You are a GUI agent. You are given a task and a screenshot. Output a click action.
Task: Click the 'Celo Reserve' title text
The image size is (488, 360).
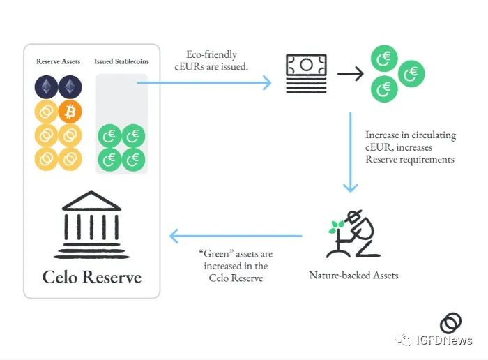[92, 277]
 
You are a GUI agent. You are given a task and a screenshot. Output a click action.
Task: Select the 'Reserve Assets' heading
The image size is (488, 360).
[59, 61]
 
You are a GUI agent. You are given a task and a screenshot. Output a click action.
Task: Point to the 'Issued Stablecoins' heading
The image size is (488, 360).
[121, 61]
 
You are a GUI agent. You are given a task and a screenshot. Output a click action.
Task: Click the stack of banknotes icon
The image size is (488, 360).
[305, 73]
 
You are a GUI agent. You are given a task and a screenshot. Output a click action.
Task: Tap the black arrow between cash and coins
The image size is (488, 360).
[351, 74]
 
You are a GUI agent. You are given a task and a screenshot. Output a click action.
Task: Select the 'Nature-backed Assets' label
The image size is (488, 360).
[354, 275]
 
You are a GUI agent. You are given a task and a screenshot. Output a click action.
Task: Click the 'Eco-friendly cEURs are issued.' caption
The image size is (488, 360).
[213, 60]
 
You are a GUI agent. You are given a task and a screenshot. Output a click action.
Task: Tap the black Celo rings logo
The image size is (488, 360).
[450, 323]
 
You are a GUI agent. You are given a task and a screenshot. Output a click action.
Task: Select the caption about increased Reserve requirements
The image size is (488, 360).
[409, 147]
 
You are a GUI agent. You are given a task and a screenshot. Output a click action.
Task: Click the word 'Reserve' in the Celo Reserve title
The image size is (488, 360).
[114, 277]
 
